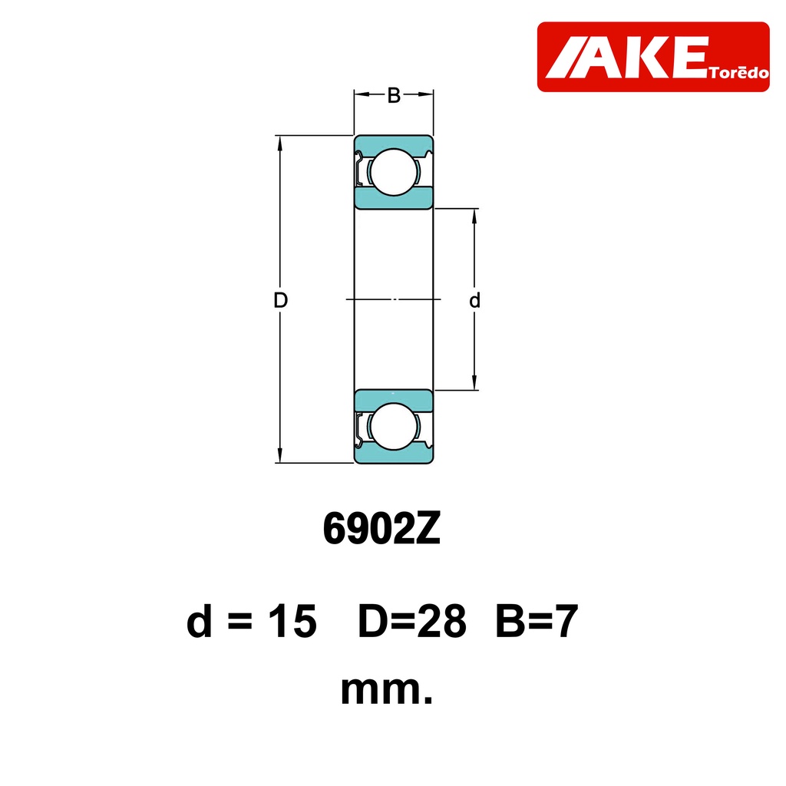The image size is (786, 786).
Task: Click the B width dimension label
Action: pyautogui.click(x=394, y=95)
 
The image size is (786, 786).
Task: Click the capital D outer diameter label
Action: pyautogui.click(x=281, y=300)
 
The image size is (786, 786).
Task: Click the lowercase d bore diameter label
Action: pyautogui.click(x=474, y=300)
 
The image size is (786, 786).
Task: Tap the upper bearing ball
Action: pyautogui.click(x=394, y=172)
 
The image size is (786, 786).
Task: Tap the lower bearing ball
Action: pyautogui.click(x=394, y=426)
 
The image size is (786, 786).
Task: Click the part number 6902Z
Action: pyautogui.click(x=381, y=529)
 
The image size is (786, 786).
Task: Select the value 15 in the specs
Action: pyautogui.click(x=292, y=620)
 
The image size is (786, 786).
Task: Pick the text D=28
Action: pyautogui.click(x=411, y=620)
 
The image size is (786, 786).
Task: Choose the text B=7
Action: pyautogui.click(x=537, y=620)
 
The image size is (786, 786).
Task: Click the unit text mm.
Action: pyautogui.click(x=387, y=691)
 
